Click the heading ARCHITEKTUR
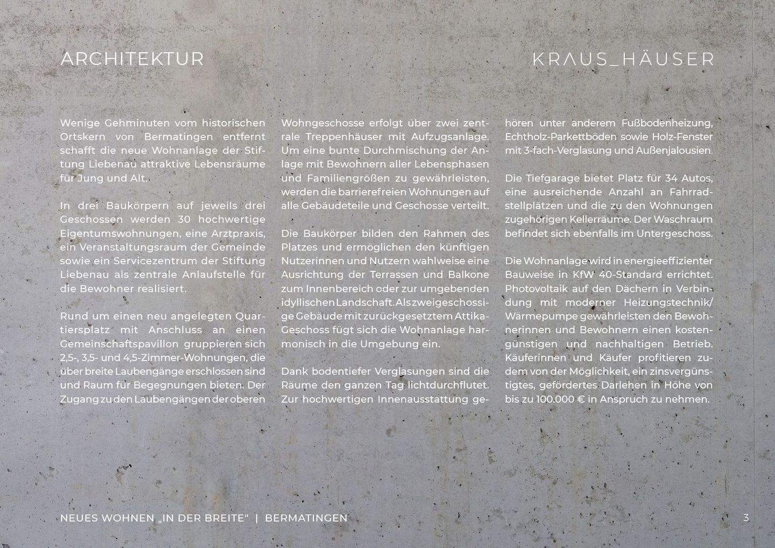point(132,59)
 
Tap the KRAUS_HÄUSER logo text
point(624,59)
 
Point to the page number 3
point(746,518)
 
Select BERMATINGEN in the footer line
point(306,518)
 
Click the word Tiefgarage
point(551,178)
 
